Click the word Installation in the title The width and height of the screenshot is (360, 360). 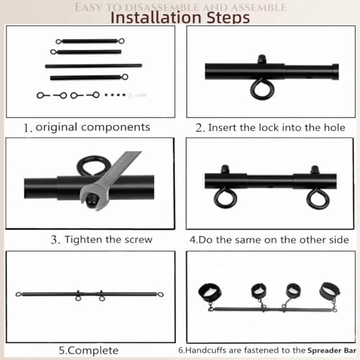click(156, 17)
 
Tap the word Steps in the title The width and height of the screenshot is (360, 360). click(228, 17)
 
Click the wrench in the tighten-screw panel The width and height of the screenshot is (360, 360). click(110, 181)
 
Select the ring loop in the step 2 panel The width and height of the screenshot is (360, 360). click(261, 91)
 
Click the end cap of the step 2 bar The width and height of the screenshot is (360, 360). click(335, 72)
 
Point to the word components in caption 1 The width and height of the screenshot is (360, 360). click(116, 127)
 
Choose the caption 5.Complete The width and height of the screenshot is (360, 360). click(89, 351)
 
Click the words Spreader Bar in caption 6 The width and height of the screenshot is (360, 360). click(332, 351)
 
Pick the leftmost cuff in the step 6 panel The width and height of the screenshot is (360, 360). click(210, 292)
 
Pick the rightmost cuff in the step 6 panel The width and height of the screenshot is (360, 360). click(330, 290)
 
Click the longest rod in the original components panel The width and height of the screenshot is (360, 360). click(94, 66)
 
